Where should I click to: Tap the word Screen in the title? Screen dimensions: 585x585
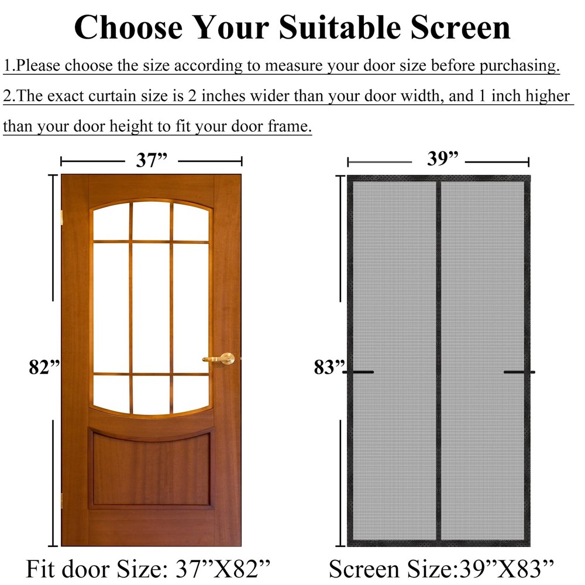tap(460, 27)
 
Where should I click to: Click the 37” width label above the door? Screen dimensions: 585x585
tap(152, 160)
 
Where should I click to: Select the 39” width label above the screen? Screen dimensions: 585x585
tap(443, 159)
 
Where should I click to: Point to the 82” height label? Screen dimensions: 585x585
tap(44, 367)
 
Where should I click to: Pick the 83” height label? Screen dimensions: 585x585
tap(329, 367)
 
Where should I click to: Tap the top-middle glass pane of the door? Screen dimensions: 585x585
tap(152, 221)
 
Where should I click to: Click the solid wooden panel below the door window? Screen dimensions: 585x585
tap(151, 469)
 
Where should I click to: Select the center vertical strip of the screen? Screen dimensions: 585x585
tap(439, 360)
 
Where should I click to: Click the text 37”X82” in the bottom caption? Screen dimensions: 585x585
tap(223, 569)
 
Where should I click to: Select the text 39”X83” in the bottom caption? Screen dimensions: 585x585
tap(507, 569)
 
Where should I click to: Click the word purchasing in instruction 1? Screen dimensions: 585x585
tap(519, 66)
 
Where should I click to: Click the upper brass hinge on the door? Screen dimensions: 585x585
tap(62, 218)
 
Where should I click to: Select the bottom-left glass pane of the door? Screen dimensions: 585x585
tap(111, 393)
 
